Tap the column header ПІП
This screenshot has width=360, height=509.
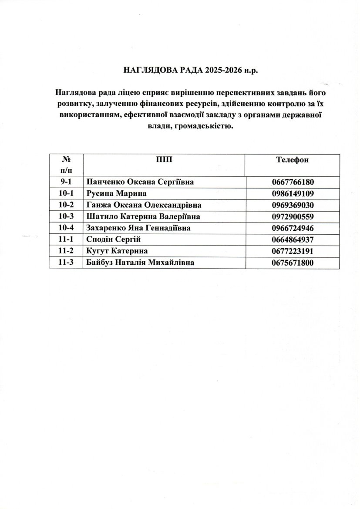(x=164, y=159)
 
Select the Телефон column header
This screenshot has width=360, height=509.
(x=292, y=159)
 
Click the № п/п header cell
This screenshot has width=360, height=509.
(x=66, y=164)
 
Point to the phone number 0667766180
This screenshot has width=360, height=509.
(x=292, y=182)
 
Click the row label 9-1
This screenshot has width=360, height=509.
(x=66, y=182)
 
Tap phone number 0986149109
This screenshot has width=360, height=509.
(x=292, y=194)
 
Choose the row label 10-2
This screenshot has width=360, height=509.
(x=66, y=205)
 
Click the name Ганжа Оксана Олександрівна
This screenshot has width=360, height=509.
(x=144, y=205)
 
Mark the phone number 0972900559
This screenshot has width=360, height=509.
(x=292, y=216)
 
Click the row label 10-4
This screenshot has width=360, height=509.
(x=66, y=228)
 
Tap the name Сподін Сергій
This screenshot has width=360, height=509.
(x=114, y=239)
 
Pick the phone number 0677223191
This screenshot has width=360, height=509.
(x=292, y=251)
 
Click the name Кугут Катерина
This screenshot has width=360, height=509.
(x=117, y=251)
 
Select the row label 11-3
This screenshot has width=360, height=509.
(x=66, y=262)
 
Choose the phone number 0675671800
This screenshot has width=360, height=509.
(x=292, y=262)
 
